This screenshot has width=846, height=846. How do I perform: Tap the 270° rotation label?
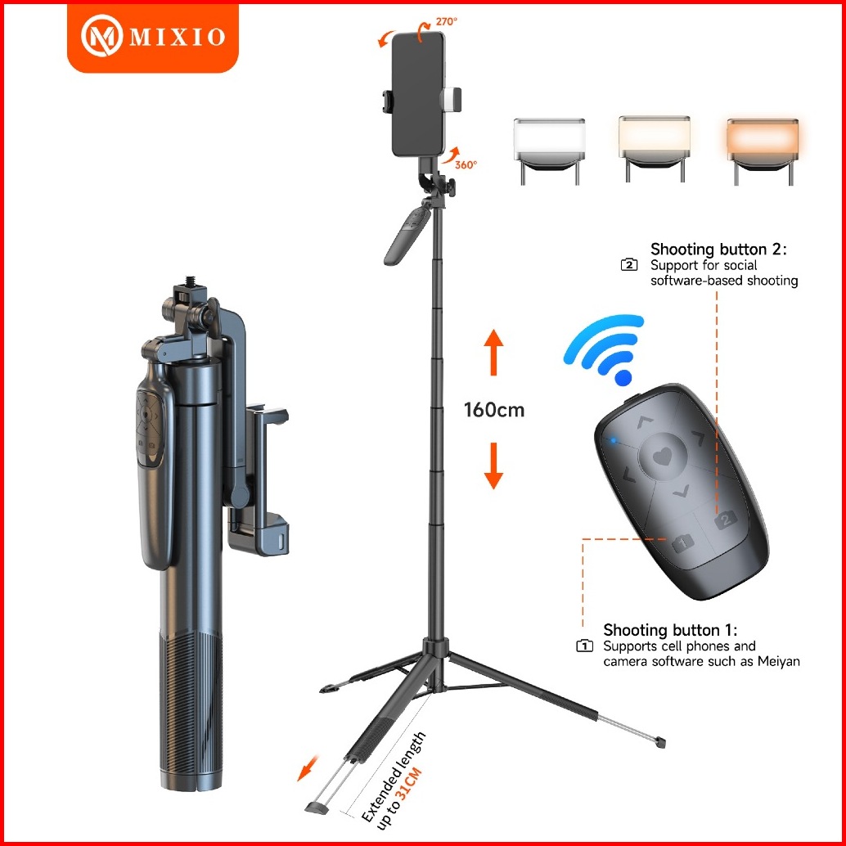point(446,22)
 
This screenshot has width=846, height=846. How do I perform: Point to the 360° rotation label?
point(466,164)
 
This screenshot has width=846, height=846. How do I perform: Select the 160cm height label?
point(493,410)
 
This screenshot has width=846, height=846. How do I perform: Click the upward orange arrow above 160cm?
point(493,353)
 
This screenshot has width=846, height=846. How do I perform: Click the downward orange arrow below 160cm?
point(493,466)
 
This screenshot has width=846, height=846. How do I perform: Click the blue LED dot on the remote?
point(613,441)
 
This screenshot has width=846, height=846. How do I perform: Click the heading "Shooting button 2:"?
point(718,250)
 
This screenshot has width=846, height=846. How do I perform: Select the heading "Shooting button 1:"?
point(670,630)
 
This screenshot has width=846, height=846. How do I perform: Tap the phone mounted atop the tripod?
point(418,94)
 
